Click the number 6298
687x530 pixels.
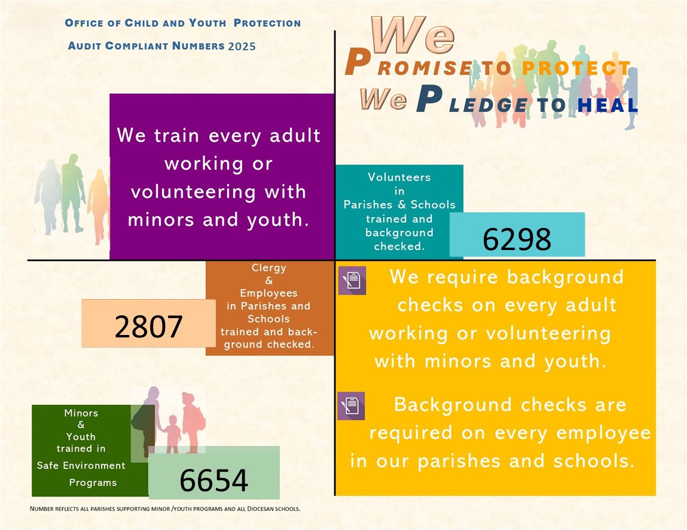(x=517, y=240)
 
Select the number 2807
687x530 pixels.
(x=149, y=327)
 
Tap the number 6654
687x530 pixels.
(x=213, y=480)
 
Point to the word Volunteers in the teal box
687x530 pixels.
(x=399, y=177)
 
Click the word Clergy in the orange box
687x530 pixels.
(x=269, y=268)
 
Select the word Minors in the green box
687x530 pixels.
(x=81, y=413)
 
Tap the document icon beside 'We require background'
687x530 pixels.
(x=352, y=281)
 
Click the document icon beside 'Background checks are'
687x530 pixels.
(x=351, y=406)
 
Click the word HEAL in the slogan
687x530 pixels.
(x=607, y=106)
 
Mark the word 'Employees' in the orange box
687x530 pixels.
(x=268, y=294)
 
